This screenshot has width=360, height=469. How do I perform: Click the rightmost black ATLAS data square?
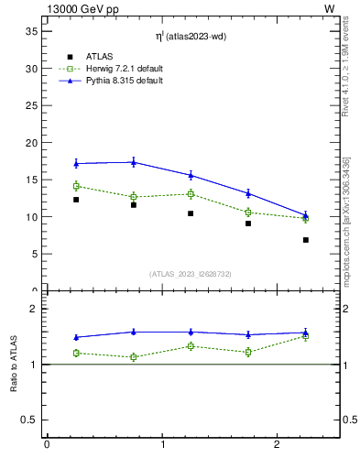pyautogui.click(x=306, y=240)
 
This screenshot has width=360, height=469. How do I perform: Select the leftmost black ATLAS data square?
pyautogui.click(x=76, y=200)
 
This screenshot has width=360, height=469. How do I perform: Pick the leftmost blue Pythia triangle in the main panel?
pyautogui.click(x=76, y=164)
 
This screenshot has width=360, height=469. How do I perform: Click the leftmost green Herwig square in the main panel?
pyautogui.click(x=76, y=186)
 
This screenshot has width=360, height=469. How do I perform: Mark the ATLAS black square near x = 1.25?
pyautogui.click(x=191, y=213)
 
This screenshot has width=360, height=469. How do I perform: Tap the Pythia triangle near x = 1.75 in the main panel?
pyautogui.click(x=248, y=193)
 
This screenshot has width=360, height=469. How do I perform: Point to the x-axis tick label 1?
pyautogui.click(x=162, y=445)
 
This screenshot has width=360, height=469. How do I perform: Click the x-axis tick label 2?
pyautogui.click(x=277, y=445)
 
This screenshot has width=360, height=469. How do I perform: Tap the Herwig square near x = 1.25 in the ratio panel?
pyautogui.click(x=191, y=346)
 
